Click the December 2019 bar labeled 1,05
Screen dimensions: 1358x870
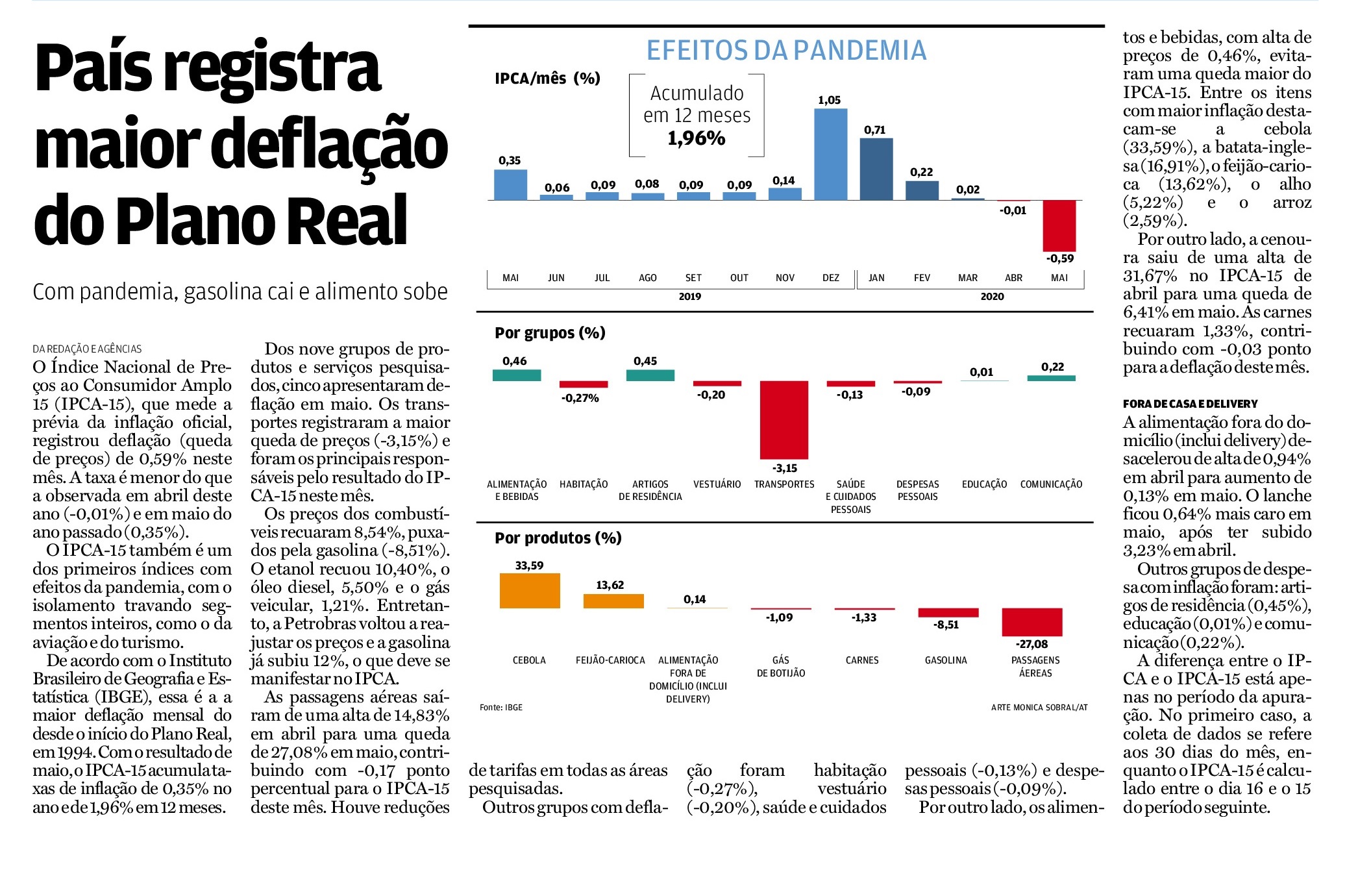pyautogui.click(x=830, y=154)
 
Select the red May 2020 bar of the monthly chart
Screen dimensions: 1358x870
pyautogui.click(x=1059, y=225)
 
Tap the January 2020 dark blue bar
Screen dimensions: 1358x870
pyautogui.click(x=876, y=169)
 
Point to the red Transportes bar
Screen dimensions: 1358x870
pyautogui.click(x=784, y=419)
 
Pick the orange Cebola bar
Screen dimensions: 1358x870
pyautogui.click(x=530, y=590)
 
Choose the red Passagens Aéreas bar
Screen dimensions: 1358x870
pyautogui.click(x=1032, y=622)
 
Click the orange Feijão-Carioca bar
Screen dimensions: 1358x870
pyautogui.click(x=613, y=601)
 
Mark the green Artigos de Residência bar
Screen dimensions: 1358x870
pyautogui.click(x=650, y=375)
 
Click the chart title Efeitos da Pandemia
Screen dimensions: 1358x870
pyautogui.click(x=786, y=51)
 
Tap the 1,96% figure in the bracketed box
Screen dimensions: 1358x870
pyautogui.click(x=697, y=138)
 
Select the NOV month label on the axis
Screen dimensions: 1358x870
pyautogui.click(x=785, y=278)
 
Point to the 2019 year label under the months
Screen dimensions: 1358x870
pyautogui.click(x=689, y=297)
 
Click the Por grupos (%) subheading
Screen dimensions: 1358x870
pyautogui.click(x=550, y=333)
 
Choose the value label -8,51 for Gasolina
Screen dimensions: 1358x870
pyautogui.click(x=946, y=625)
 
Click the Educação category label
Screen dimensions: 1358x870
pyautogui.click(x=984, y=484)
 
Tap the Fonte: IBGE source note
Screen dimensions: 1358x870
pyautogui.click(x=501, y=708)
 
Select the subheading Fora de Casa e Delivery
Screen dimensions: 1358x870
pyautogui.click(x=1190, y=404)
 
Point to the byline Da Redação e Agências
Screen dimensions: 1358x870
pyautogui.click(x=87, y=349)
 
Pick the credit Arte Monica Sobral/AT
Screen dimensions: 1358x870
pyautogui.click(x=1039, y=708)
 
